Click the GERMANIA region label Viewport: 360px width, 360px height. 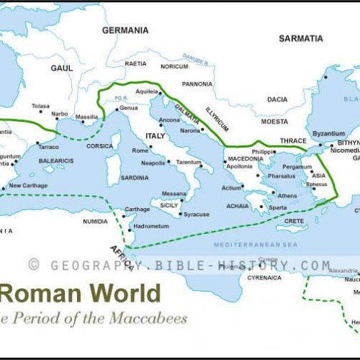(125, 31)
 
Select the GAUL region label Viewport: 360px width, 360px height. (62, 68)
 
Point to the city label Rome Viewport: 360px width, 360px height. (140, 150)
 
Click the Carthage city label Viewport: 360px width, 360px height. (137, 210)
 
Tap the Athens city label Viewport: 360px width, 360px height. (287, 196)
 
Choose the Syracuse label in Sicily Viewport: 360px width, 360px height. (196, 215)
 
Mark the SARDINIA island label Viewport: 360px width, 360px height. (135, 177)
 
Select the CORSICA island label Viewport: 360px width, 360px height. (99, 146)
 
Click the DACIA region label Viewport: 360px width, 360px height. (277, 100)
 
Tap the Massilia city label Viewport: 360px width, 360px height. (87, 117)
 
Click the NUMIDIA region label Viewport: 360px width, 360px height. (95, 221)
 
